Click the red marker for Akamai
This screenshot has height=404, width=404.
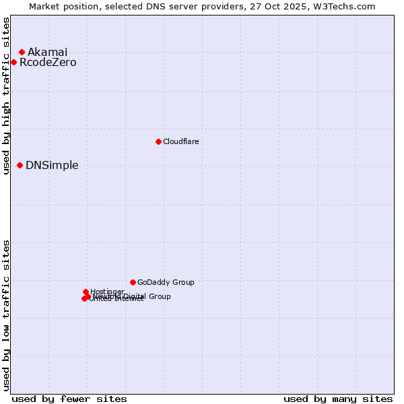22,52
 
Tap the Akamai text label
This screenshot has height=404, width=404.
47,52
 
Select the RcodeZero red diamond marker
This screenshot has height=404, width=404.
13,63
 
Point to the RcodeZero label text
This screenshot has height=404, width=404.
48,63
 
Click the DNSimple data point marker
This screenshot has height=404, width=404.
20,165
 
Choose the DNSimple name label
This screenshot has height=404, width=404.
52,165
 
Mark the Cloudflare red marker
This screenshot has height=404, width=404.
158,141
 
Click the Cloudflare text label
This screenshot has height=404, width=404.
180,141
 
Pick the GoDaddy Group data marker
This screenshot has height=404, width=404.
133,282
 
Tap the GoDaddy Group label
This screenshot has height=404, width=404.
166,282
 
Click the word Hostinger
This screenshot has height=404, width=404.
107,291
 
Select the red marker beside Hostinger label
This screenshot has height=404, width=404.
86,292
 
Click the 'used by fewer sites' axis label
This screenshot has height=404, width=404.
69,399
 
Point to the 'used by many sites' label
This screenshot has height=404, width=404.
338,399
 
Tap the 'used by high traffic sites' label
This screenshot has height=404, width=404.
6,96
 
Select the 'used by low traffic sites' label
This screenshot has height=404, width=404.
6,315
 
